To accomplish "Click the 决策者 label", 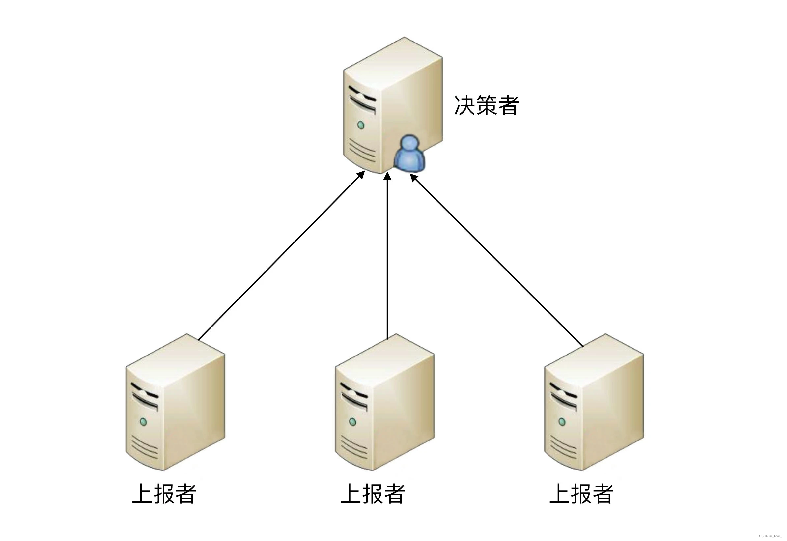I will pos(486,105).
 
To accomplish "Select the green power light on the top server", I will pos(361,125).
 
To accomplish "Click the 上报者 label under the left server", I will pos(164,494).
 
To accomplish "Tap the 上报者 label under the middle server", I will pos(373,494).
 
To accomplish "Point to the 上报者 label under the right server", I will pos(582,494).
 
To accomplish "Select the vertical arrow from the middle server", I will pos(387,258).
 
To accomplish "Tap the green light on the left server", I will pos(143,422).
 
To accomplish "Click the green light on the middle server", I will pos(352,422).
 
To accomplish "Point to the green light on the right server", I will pos(562,422).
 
